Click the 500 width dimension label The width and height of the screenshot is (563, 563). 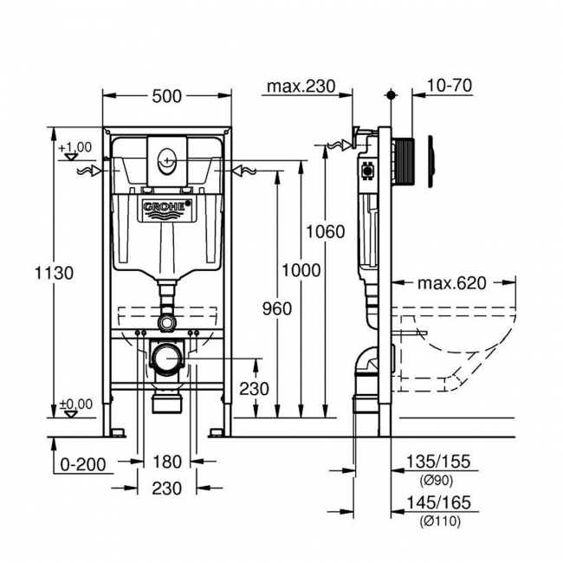(x=166, y=96)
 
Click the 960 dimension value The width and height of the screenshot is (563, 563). (x=275, y=308)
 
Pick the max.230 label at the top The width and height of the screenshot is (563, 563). (x=300, y=86)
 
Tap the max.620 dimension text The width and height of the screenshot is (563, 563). (x=451, y=282)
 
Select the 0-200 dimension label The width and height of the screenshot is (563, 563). (x=83, y=464)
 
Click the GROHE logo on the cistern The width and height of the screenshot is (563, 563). (x=166, y=207)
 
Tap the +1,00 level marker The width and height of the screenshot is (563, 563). (x=74, y=146)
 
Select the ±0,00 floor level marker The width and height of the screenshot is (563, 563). (x=75, y=404)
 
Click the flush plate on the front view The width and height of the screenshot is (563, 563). (x=167, y=157)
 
